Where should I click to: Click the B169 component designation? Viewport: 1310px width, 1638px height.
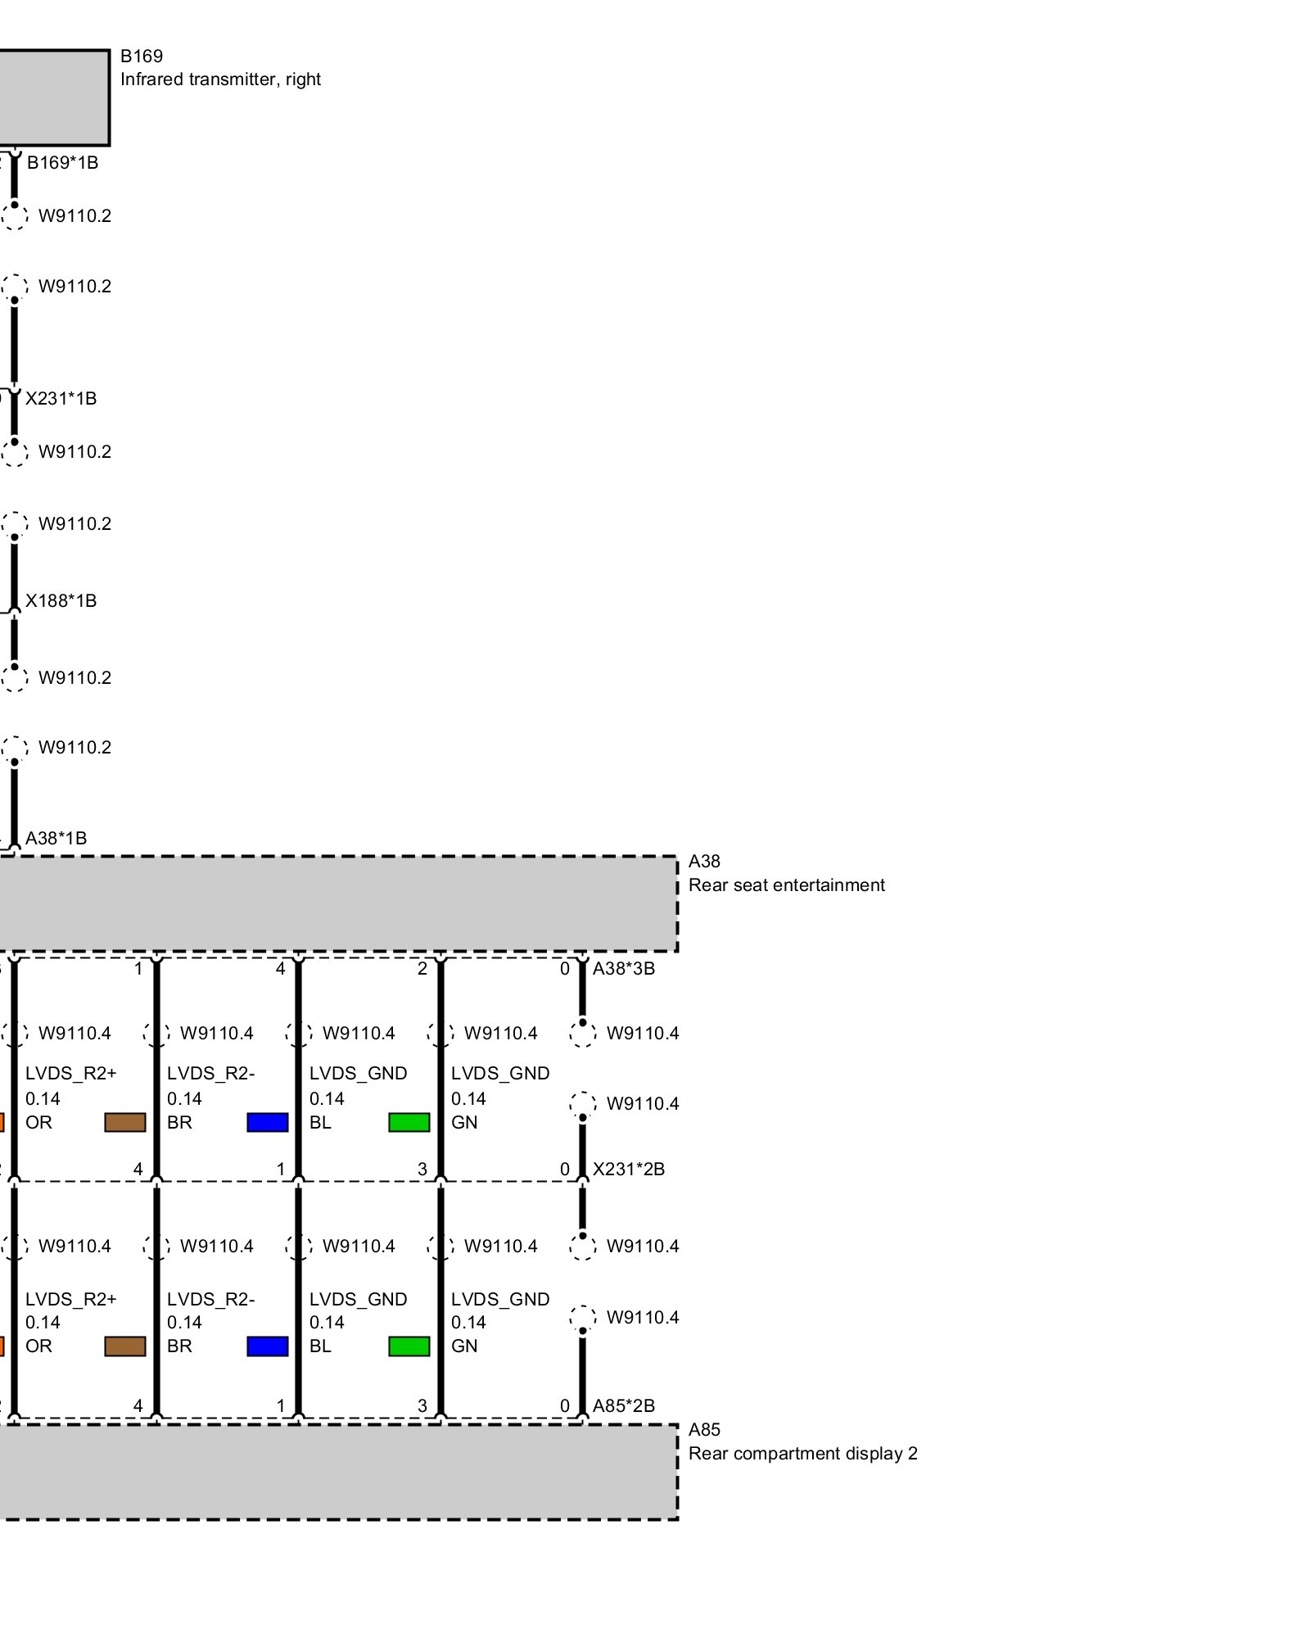(x=141, y=57)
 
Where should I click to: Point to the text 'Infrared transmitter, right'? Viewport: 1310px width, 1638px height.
(x=220, y=79)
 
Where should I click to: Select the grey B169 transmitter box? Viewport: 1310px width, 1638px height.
(x=52, y=97)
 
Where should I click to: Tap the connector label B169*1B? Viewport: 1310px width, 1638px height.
(x=62, y=162)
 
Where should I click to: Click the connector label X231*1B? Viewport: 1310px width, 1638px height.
(x=61, y=399)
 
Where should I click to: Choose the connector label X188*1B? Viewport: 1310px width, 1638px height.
(x=61, y=601)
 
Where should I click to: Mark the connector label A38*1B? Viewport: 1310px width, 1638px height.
(x=56, y=838)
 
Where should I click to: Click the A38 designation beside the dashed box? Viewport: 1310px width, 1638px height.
(x=704, y=862)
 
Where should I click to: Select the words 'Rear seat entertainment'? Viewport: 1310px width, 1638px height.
(x=786, y=885)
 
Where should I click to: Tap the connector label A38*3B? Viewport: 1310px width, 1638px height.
(x=623, y=969)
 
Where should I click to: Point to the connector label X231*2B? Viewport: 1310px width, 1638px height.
(x=628, y=1170)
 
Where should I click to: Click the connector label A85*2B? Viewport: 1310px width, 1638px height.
(x=623, y=1406)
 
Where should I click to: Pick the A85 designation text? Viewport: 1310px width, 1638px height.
(x=704, y=1430)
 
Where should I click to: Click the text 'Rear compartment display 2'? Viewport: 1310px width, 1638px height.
(x=802, y=1454)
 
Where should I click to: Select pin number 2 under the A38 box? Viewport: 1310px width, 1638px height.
(x=422, y=969)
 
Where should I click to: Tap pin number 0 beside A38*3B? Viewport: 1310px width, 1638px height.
(x=564, y=969)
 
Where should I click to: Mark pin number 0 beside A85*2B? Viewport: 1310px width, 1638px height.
(x=564, y=1406)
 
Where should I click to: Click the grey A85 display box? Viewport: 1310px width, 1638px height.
(x=336, y=1472)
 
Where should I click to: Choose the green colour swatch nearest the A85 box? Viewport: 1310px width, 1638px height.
(x=409, y=1346)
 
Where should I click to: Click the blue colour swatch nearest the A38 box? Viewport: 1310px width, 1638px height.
(x=267, y=1122)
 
